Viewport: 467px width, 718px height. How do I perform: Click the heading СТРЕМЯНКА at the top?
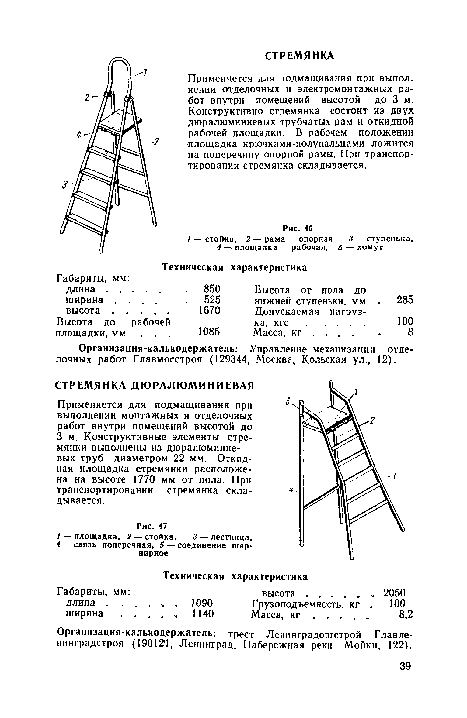(x=299, y=56)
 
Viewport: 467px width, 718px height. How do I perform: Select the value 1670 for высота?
(x=209, y=310)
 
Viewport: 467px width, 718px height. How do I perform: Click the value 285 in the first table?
(x=405, y=300)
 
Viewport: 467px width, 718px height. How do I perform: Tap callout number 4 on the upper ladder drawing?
(x=79, y=134)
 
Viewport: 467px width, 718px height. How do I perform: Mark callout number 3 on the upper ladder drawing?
(x=64, y=184)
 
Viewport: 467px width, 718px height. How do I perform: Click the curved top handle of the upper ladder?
(x=119, y=61)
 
